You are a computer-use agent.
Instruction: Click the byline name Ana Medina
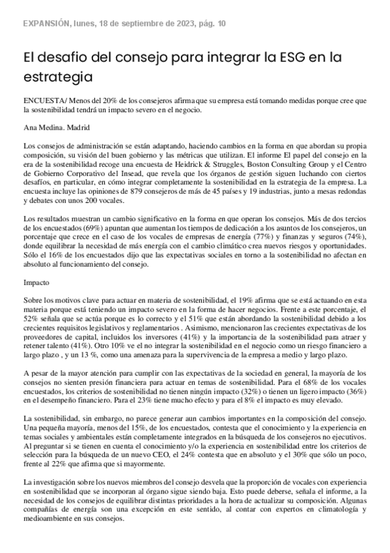[42, 127]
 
